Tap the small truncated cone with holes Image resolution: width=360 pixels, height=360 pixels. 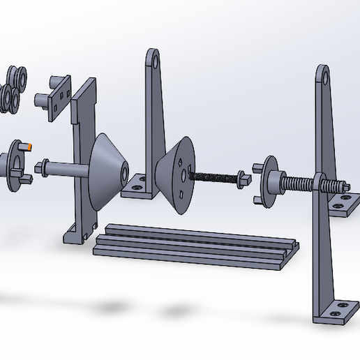pos(174,174)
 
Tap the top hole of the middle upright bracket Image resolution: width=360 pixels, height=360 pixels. pos(153,62)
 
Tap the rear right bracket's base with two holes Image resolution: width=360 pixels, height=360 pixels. pos(341,204)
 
